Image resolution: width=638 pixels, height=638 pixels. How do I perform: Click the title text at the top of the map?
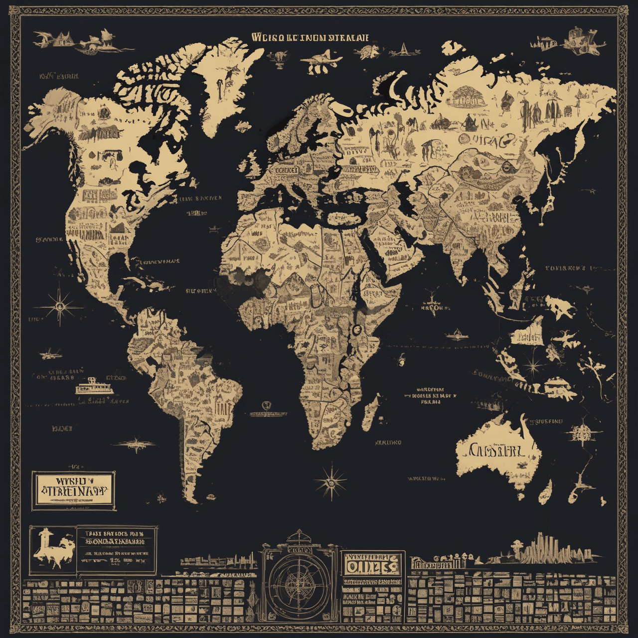[310, 37]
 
